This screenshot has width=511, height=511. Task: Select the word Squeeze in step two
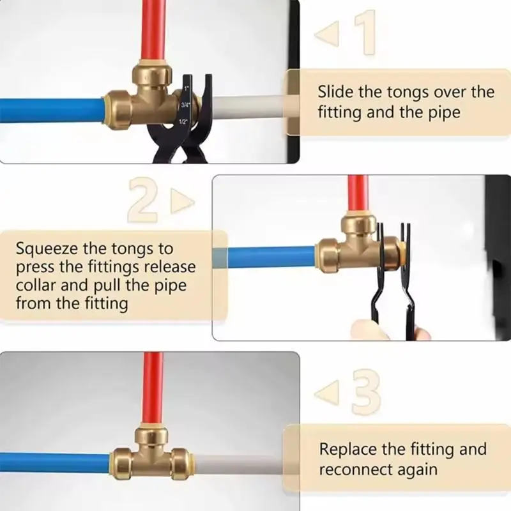pyautogui.click(x=45, y=247)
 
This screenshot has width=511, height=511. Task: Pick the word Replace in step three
pyautogui.click(x=347, y=449)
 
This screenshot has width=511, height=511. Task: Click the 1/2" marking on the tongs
pyautogui.click(x=183, y=121)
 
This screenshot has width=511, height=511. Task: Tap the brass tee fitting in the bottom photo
pyautogui.click(x=151, y=454)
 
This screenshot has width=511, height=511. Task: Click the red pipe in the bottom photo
pyautogui.click(x=152, y=390)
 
